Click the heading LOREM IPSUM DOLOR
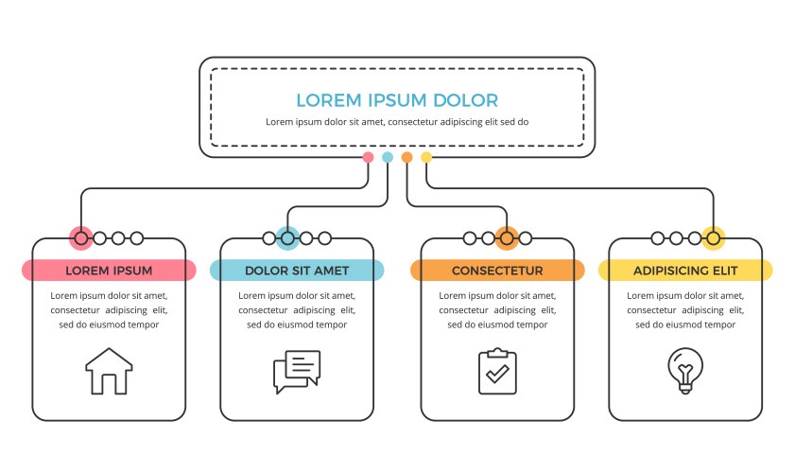point(397,100)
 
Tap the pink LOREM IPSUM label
point(109,271)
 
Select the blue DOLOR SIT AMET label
point(297,271)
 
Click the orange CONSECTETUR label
point(497,271)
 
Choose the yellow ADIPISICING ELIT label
point(685,271)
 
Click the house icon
point(109,371)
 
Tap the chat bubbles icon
point(296,372)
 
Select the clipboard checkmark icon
point(497,371)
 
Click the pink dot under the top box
point(368,157)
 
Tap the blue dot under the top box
point(388,157)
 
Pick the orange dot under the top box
point(407,157)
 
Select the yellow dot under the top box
point(426,157)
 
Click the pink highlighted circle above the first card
point(81,238)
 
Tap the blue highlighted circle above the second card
point(288,238)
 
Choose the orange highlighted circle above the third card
point(507,238)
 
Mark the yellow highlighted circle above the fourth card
point(713,238)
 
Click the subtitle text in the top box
point(397,122)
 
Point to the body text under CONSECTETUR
point(497,309)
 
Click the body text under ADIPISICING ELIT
point(685,309)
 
